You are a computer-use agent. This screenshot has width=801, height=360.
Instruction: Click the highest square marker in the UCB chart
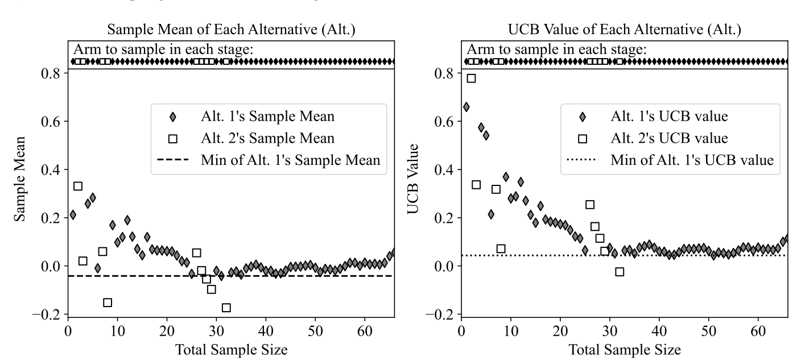coord(471,78)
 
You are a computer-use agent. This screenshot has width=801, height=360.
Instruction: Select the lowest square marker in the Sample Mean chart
coord(226,308)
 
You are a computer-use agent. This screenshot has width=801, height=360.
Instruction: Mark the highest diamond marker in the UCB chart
coord(466,107)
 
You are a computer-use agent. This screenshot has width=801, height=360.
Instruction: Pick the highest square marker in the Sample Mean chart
coord(78,186)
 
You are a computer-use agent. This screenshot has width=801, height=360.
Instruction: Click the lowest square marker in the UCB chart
coord(620,272)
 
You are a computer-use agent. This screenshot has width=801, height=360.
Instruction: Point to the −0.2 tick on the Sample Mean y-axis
coord(51,315)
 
